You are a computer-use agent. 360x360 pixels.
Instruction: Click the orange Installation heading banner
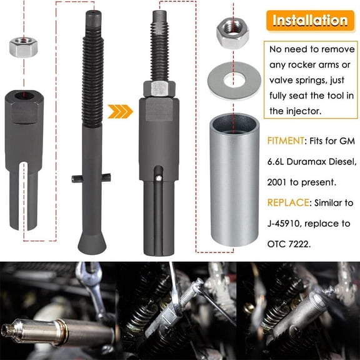tap(309, 20)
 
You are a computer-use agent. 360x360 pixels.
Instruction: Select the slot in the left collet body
tap(24, 187)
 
